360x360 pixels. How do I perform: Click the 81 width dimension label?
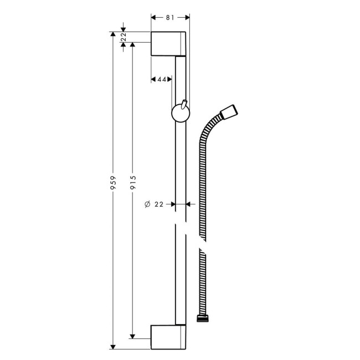click(170, 18)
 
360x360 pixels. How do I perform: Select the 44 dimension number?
click(162, 80)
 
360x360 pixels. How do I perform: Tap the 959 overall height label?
click(113, 183)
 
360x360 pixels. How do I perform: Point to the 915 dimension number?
click(133, 183)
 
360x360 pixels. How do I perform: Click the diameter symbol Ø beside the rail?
click(147, 204)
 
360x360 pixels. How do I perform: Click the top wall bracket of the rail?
click(168, 44)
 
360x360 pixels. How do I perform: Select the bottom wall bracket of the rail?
click(168, 337)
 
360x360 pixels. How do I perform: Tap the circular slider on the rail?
click(179, 114)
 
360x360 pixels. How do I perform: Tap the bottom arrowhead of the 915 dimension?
click(133, 335)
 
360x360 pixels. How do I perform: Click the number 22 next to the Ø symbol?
click(159, 204)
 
